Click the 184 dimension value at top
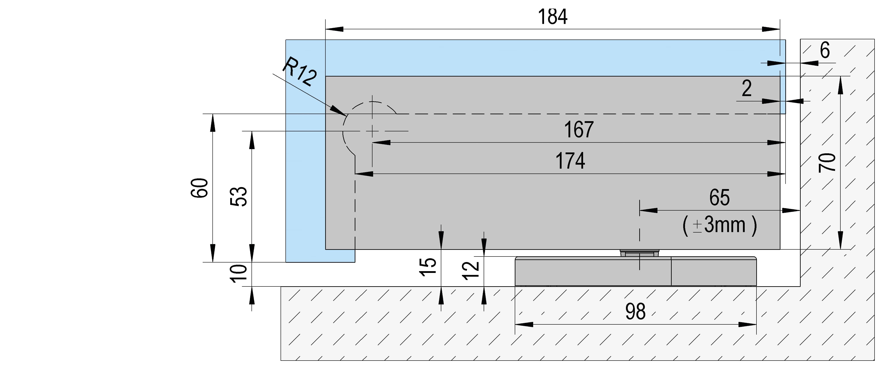(x=552, y=17)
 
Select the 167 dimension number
(x=579, y=129)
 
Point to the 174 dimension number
(x=570, y=161)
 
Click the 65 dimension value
(x=719, y=197)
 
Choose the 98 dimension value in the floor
(x=635, y=312)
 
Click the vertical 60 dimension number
(x=199, y=188)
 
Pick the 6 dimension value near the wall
(x=825, y=51)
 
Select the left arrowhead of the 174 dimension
(x=363, y=174)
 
